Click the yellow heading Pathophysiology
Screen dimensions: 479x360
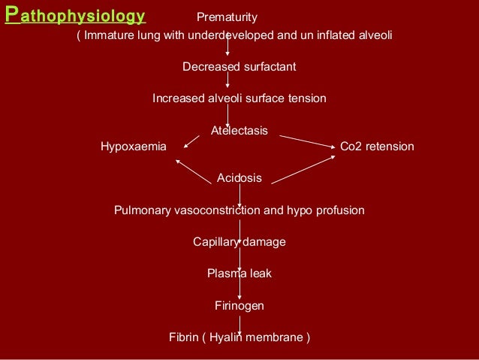pos(75,17)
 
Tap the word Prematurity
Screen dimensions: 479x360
pos(227,17)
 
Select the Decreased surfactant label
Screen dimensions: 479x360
pos(239,67)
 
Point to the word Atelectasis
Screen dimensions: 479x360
pos(239,130)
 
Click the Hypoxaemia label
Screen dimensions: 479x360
pos(134,147)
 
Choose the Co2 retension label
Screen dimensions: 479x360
pos(377,147)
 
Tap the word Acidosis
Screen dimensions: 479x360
pos(239,178)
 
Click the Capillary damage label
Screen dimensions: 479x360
pos(239,242)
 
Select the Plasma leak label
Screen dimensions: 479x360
pos(239,274)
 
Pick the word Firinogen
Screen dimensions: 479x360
pos(239,306)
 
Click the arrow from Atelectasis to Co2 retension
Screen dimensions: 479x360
pos(306,140)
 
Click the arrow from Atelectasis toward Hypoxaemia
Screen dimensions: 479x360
pos(191,141)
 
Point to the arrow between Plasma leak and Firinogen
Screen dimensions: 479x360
pos(239,289)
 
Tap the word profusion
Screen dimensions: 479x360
pos(342,210)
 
